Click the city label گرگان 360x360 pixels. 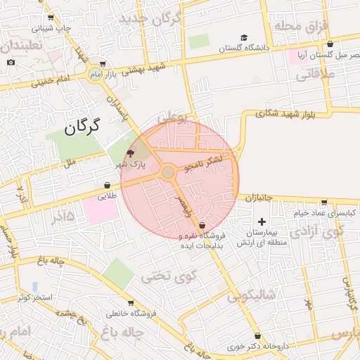[x=83, y=127]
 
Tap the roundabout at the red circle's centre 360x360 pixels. [x=168, y=172]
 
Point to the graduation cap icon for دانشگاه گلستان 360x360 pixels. [x=244, y=38]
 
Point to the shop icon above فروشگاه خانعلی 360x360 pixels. [x=111, y=302]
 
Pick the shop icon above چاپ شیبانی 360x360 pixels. [x=49, y=18]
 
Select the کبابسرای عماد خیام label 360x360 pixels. [x=310, y=212]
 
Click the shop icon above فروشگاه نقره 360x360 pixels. [x=202, y=226]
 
